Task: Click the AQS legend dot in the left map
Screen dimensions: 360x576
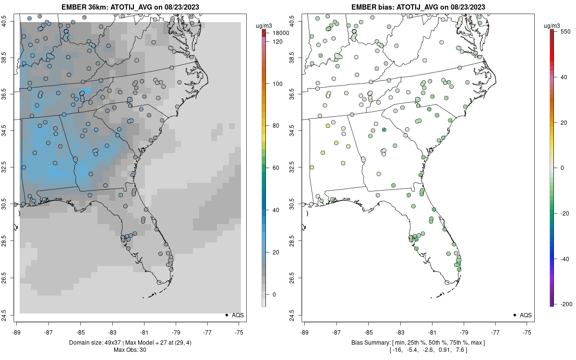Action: [x=226, y=315]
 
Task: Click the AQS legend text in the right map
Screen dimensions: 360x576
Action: [x=526, y=315]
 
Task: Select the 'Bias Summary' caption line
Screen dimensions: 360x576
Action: [x=418, y=342]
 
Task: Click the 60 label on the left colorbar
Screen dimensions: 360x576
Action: [x=276, y=168]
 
